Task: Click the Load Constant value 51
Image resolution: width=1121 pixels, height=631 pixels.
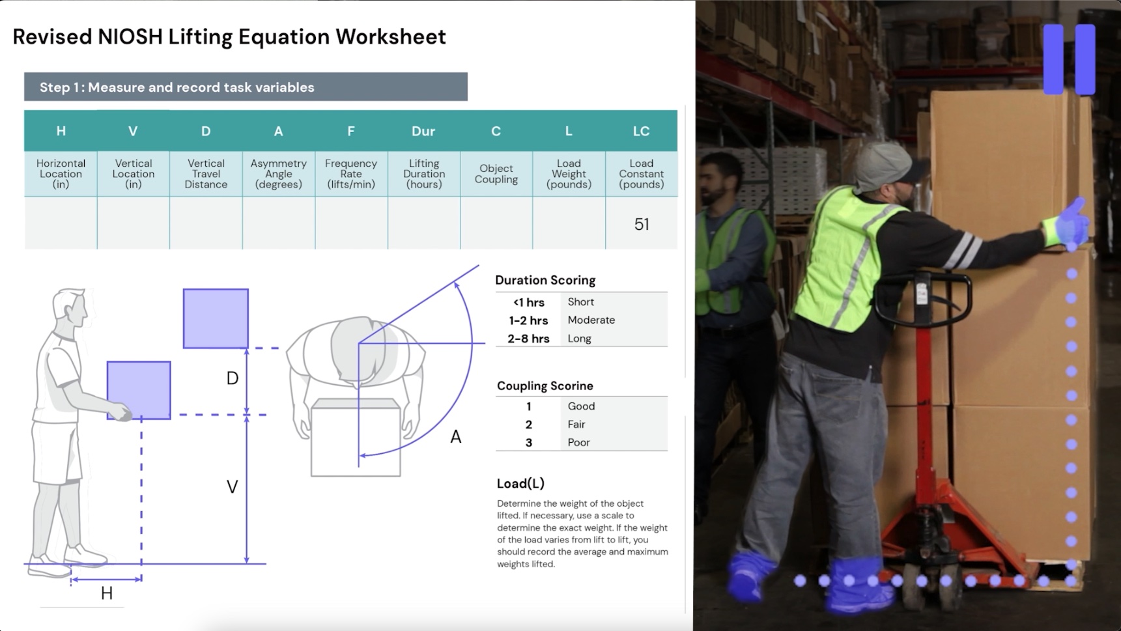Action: (642, 225)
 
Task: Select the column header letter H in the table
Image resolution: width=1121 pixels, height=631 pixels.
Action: (61, 131)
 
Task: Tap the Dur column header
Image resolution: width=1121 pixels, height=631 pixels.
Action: (423, 131)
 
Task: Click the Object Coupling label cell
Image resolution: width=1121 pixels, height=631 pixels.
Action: (496, 174)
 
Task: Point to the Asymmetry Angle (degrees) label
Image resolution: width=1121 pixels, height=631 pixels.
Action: (278, 174)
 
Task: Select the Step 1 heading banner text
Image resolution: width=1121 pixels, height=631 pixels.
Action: (177, 87)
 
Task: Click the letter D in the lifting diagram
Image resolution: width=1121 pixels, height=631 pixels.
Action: (232, 378)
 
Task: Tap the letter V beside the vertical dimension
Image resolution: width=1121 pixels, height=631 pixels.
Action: (232, 487)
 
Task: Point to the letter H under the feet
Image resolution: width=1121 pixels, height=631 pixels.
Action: (107, 593)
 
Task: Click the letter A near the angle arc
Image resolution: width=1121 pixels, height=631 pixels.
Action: (456, 437)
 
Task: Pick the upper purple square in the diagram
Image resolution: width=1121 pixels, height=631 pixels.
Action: (216, 318)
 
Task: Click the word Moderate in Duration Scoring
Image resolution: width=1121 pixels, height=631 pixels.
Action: (591, 320)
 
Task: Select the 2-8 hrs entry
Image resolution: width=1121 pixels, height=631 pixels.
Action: (528, 339)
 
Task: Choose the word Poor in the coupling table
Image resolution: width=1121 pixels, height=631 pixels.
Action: (578, 443)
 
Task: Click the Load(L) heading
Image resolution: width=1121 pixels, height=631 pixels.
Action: (520, 483)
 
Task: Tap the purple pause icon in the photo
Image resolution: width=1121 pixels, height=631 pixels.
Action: (1069, 59)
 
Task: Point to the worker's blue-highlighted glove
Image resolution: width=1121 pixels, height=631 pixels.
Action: (1068, 223)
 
